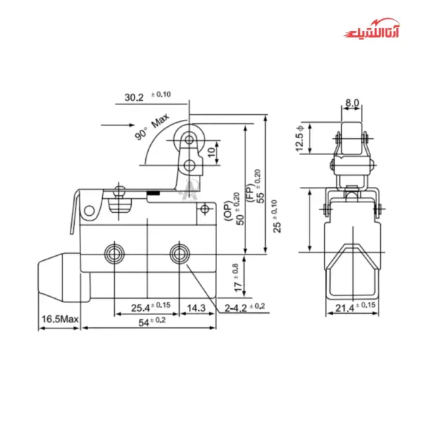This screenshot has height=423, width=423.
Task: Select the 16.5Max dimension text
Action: [x=59, y=319]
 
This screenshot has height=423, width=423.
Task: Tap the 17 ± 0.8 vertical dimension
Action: [x=238, y=278]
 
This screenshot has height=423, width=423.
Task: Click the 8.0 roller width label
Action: [x=351, y=103]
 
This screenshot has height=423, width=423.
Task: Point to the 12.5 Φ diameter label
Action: [x=300, y=138]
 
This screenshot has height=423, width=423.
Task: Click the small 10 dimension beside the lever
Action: [x=211, y=152]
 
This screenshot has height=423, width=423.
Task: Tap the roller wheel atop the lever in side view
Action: [x=188, y=138]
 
